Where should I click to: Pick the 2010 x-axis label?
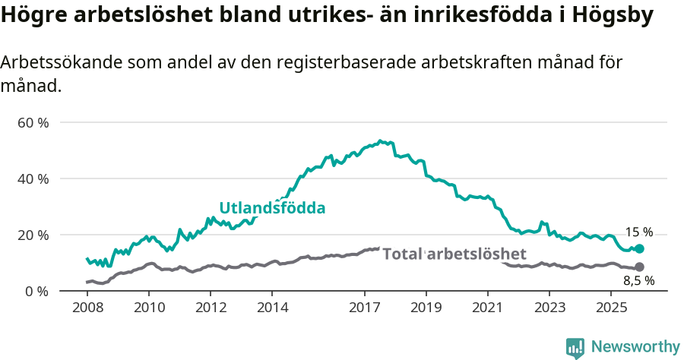tap(148, 308)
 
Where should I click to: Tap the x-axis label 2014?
tap(272, 308)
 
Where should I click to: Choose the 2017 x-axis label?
tap(365, 308)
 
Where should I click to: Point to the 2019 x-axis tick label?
tap(426, 308)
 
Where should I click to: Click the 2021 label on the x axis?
tap(488, 308)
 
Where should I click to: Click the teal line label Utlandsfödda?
tap(272, 208)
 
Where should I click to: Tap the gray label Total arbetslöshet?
tap(454, 254)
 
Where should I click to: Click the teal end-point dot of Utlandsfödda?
tap(639, 248)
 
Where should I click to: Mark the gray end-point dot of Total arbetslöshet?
tap(639, 267)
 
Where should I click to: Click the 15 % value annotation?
tap(638, 232)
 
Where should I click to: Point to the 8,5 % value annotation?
tap(638, 281)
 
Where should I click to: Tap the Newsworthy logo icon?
tap(575, 347)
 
